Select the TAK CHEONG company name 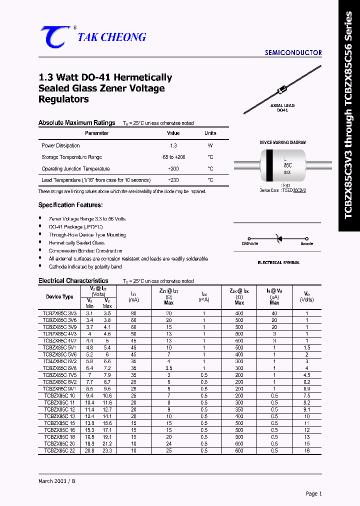[111, 37]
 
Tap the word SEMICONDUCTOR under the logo [293, 52]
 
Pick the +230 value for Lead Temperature [173, 180]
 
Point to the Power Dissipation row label [60, 145]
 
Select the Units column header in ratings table [210, 133]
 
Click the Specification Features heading [70, 205]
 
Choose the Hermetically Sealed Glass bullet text [76, 242]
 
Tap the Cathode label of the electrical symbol [250, 243]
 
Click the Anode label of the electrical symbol [306, 243]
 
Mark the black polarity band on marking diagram [269, 165]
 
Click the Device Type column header [59, 296]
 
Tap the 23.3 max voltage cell [107, 450]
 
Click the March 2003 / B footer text [57, 480]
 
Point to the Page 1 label [313, 493]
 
